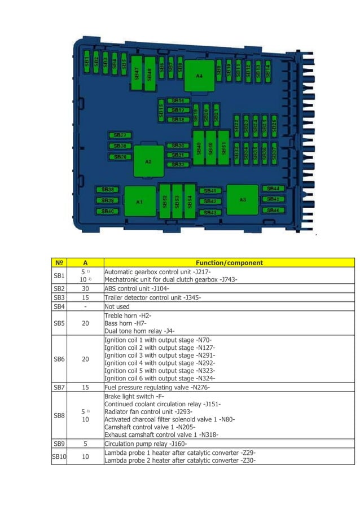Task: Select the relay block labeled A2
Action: pos(148,161)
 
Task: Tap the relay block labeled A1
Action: pos(139,201)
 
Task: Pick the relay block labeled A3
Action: pos(242,199)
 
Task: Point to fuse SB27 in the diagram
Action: pos(120,135)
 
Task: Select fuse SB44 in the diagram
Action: pos(272,188)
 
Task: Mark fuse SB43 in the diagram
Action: pos(209,212)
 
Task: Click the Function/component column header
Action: pos(229,262)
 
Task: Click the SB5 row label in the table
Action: pos(59,323)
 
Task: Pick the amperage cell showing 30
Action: pos(85,288)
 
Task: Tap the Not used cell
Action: pos(117,306)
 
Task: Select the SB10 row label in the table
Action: pos(59,457)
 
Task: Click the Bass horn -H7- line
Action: pos(125,323)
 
